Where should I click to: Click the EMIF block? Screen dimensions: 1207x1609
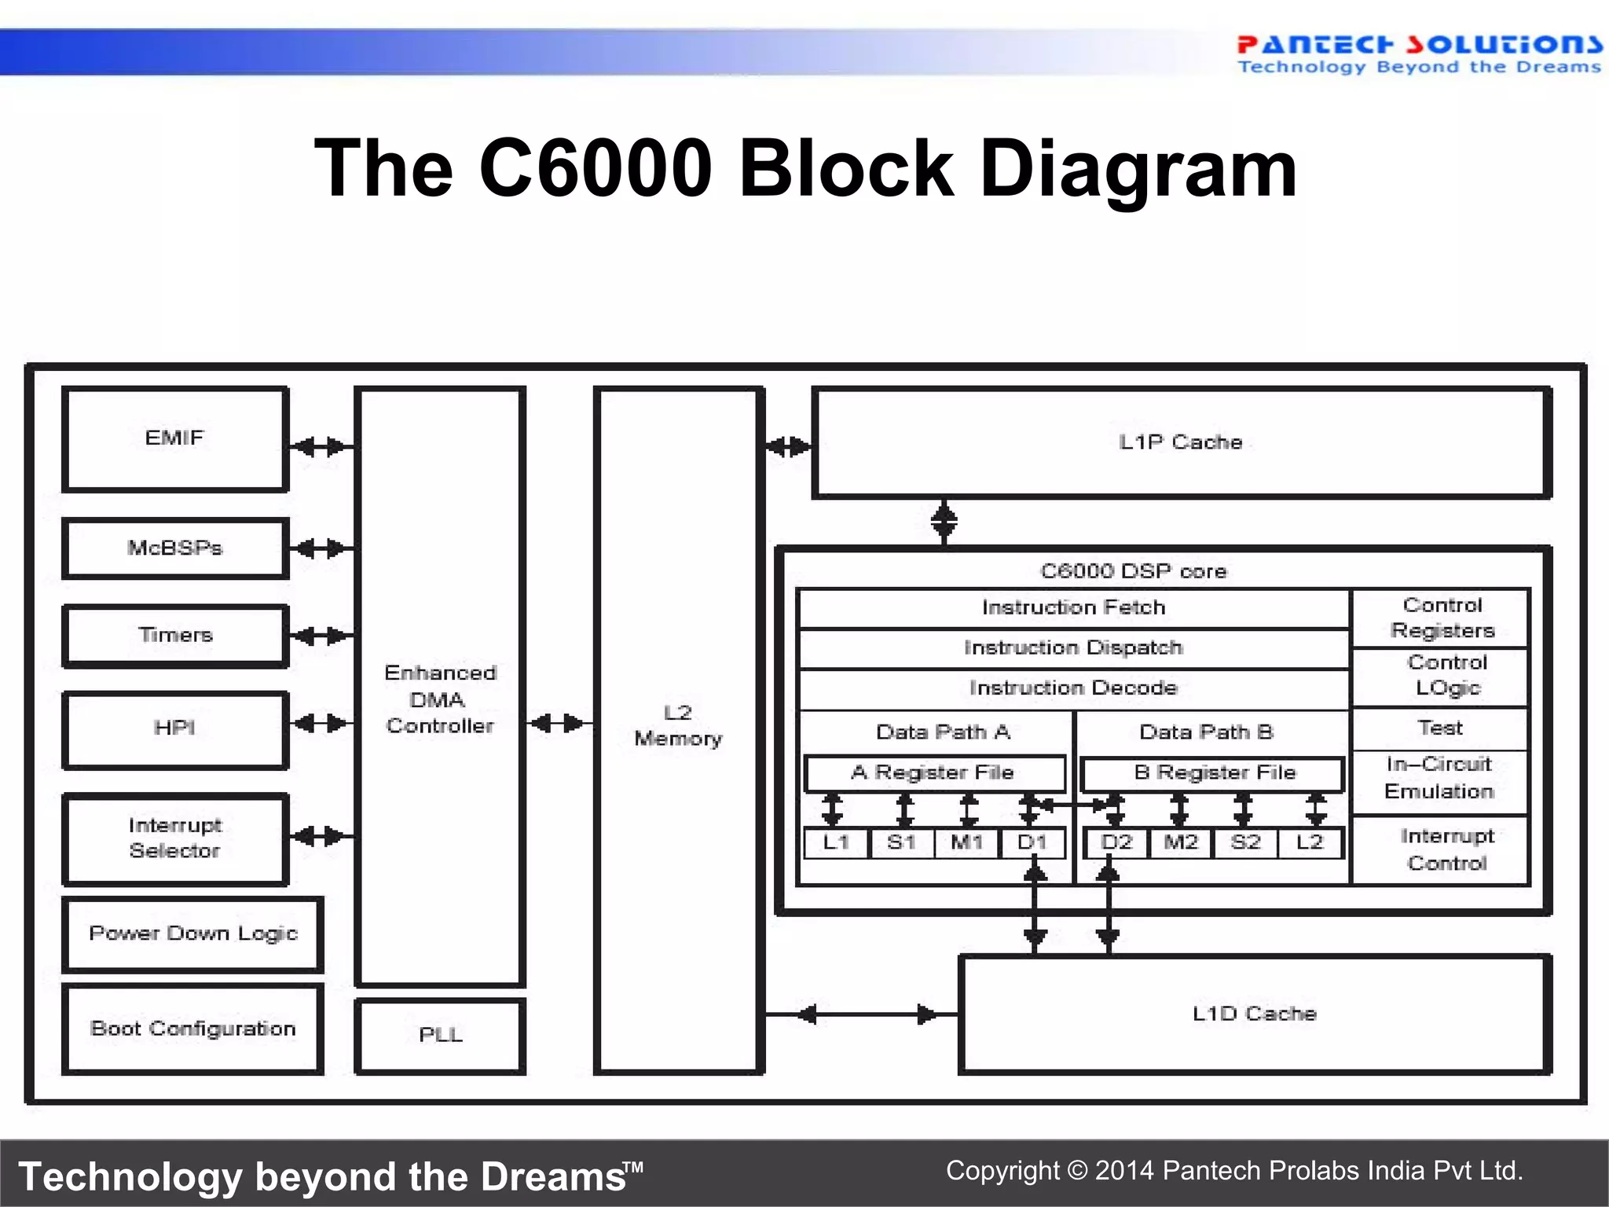[174, 438]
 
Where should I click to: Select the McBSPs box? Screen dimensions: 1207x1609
[174, 548]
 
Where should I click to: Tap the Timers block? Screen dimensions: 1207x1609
[174, 635]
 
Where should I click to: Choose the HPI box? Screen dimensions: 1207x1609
[174, 728]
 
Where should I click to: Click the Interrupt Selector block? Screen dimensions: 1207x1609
[174, 838]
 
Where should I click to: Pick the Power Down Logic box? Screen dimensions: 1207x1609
[192, 934]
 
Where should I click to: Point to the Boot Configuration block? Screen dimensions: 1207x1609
[192, 1029]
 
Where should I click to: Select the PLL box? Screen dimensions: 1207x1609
[440, 1035]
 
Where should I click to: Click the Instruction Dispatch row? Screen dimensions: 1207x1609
[1073, 648]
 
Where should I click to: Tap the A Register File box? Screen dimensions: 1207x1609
[933, 773]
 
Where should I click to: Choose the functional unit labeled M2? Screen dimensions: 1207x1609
[1180, 842]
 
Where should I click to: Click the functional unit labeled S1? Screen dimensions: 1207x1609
[901, 842]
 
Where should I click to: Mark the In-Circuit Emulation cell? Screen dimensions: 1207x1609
[1439, 778]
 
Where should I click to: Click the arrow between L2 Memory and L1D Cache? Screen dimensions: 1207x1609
[862, 1014]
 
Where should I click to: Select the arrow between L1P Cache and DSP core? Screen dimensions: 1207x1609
[944, 521]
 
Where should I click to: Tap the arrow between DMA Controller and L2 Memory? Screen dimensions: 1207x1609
[558, 723]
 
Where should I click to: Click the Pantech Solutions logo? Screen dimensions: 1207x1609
[1418, 53]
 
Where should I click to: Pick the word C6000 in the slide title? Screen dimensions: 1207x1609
[595, 168]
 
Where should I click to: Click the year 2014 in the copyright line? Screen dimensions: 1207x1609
[1124, 1171]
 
